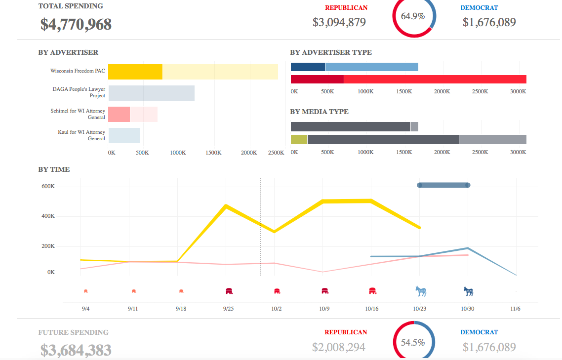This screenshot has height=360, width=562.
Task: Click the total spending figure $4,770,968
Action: pos(76,24)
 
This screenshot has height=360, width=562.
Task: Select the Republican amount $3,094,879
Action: pos(339,22)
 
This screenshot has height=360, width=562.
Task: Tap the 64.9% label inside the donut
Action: pos(413,16)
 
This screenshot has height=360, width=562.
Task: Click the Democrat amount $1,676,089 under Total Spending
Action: pos(489,22)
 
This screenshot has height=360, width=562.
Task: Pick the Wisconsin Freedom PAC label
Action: pos(78,71)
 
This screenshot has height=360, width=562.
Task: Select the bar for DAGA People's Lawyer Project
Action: pos(152,93)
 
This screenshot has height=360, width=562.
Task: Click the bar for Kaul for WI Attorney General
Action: pos(124,135)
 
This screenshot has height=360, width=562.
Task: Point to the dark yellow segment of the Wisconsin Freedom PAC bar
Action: pos(135,72)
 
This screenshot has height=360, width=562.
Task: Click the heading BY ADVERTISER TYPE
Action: pos(331,52)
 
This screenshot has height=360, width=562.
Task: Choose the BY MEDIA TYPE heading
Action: pos(319,112)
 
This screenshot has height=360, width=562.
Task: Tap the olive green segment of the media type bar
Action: pos(299,140)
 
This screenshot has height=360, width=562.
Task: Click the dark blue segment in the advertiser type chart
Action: pos(308,67)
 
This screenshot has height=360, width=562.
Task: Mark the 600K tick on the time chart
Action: pos(48,187)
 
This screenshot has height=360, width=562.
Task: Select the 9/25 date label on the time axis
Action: pos(228,309)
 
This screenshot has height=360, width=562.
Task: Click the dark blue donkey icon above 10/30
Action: pos(468,291)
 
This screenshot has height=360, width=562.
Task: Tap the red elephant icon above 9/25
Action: pos(229,291)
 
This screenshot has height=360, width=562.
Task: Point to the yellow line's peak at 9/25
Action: pos(226,205)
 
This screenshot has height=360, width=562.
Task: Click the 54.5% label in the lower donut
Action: pos(413,343)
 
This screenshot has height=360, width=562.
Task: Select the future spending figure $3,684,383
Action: pos(76,350)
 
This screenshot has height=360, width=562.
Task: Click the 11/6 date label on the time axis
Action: pos(515,309)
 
